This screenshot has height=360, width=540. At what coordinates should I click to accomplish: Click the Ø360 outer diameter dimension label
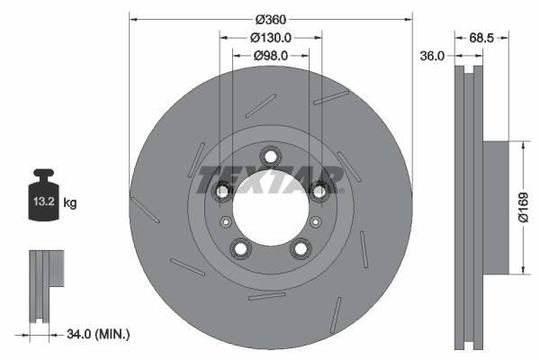click(270, 19)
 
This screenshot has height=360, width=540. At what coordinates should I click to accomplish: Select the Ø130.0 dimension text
click(270, 38)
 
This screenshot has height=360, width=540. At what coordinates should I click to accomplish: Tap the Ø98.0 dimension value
click(270, 56)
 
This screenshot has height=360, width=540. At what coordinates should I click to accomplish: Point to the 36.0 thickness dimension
click(434, 56)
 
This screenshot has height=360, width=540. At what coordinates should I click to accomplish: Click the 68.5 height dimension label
click(482, 38)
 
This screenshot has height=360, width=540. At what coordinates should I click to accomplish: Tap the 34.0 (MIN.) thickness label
click(99, 334)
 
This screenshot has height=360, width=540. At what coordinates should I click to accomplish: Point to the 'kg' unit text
click(70, 203)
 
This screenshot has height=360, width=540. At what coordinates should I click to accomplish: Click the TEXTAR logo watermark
click(270, 179)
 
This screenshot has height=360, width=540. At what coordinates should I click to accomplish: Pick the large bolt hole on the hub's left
click(221, 191)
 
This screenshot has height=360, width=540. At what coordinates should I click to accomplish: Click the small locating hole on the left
click(225, 222)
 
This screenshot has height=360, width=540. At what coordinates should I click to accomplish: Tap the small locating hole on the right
click(315, 222)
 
